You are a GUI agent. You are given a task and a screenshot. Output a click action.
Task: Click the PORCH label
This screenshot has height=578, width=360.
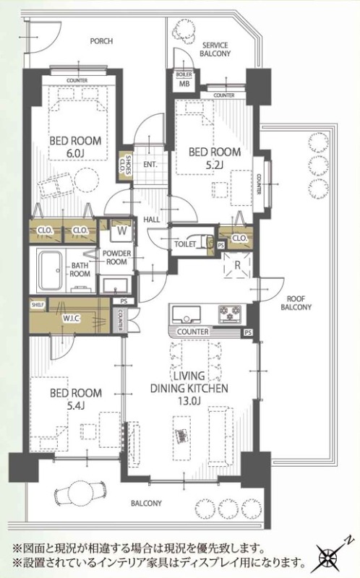click(101, 41)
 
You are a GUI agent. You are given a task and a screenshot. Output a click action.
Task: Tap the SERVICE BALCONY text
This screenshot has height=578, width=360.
click(215, 49)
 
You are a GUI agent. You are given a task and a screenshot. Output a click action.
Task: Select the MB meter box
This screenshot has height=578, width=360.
click(184, 81)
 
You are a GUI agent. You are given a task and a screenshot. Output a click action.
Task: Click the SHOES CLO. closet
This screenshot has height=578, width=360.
click(125, 167)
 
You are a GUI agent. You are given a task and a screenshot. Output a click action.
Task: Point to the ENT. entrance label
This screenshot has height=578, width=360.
click(150, 165)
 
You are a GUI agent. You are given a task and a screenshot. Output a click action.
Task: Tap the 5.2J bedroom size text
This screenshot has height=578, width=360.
click(214, 165)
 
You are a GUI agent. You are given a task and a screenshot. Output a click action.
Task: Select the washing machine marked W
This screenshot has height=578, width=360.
click(121, 230)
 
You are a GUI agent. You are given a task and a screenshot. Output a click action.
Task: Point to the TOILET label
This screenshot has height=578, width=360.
click(185, 244)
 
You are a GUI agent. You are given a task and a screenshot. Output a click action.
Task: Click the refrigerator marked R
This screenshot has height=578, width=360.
click(238, 264)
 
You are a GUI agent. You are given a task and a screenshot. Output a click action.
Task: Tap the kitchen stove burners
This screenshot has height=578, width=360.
click(230, 314)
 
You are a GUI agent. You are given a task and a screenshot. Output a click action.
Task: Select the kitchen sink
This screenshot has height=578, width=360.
click(187, 315)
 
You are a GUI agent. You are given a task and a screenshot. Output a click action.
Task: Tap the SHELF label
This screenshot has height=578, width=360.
click(38, 305)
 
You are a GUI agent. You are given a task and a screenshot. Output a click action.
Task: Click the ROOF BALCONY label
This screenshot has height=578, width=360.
click(296, 303)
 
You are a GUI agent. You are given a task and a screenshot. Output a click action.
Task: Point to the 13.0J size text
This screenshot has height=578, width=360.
click(189, 401)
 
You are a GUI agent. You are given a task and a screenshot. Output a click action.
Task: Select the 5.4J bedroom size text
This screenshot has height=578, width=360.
click(76, 405)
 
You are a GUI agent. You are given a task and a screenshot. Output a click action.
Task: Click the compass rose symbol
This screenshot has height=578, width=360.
click(330, 556)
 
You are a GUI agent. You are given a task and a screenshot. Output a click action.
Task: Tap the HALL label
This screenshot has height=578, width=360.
click(152, 220)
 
